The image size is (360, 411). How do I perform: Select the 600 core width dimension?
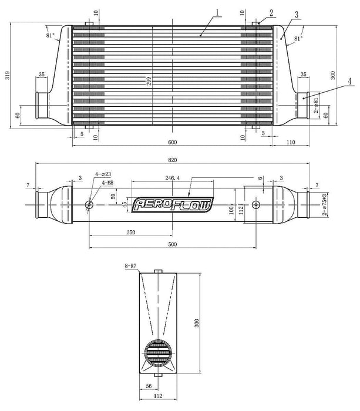click(173, 142)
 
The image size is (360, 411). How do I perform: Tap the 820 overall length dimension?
click(173, 159)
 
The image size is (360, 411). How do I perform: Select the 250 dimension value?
click(130, 232)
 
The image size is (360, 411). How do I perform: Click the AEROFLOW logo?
click(174, 204)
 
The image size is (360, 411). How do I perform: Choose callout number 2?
click(271, 11)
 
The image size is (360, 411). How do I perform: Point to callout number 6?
click(259, 178)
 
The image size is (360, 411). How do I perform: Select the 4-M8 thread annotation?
click(107, 183)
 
